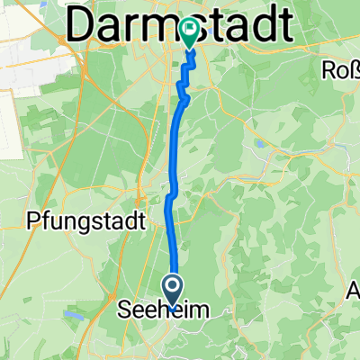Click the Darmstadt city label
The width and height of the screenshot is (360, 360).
[180, 27]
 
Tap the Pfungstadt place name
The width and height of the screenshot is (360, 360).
[75, 219]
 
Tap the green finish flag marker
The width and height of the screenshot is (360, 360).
[190, 33]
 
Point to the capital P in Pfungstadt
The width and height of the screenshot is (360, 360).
[37, 219]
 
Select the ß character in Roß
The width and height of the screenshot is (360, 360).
[354, 69]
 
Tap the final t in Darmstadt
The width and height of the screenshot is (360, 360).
[285, 27]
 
